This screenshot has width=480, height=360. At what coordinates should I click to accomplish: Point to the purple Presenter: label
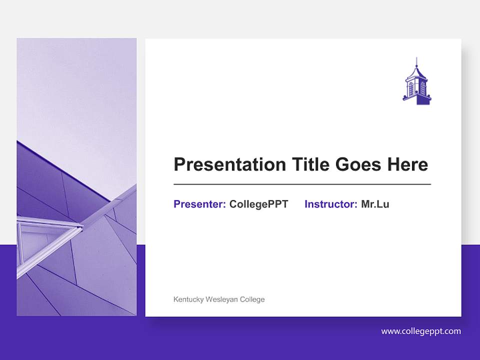point(199,204)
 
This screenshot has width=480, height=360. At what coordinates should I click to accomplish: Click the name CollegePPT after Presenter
point(258,204)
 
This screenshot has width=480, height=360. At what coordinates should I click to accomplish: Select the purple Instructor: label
point(330,204)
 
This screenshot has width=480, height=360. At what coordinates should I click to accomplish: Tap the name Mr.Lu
point(375,204)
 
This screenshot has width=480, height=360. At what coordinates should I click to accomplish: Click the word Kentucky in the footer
point(188,299)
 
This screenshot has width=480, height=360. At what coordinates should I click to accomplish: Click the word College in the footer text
point(252,299)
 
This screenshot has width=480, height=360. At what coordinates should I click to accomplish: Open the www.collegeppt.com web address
point(420,331)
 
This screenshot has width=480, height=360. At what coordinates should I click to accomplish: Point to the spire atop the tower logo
point(416,63)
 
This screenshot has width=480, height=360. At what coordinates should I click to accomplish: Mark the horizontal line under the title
point(302,184)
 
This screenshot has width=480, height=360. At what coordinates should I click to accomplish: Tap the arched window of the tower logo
point(412,88)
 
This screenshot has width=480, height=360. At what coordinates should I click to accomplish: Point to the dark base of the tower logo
point(423,100)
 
